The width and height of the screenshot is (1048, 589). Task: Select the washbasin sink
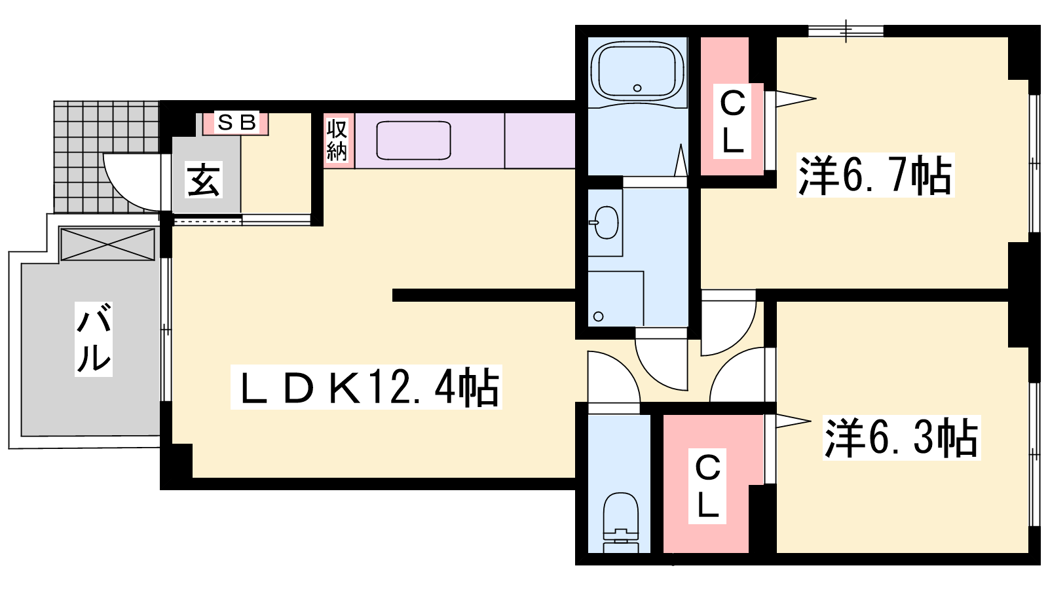click(606, 223)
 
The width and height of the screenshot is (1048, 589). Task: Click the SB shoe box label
click(236, 122)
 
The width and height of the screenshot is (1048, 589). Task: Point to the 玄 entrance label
click(204, 179)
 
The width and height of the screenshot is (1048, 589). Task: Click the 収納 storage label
click(337, 140)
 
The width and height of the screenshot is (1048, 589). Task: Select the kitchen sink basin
click(414, 140)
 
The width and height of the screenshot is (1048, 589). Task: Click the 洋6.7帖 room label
click(875, 175)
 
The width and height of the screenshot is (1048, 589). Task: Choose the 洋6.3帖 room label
click(901, 437)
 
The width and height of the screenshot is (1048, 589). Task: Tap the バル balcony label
click(94, 339)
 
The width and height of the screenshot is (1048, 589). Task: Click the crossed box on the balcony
click(107, 243)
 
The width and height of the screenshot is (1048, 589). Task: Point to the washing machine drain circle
click(598, 317)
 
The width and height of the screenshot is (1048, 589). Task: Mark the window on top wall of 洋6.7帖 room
click(846, 30)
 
